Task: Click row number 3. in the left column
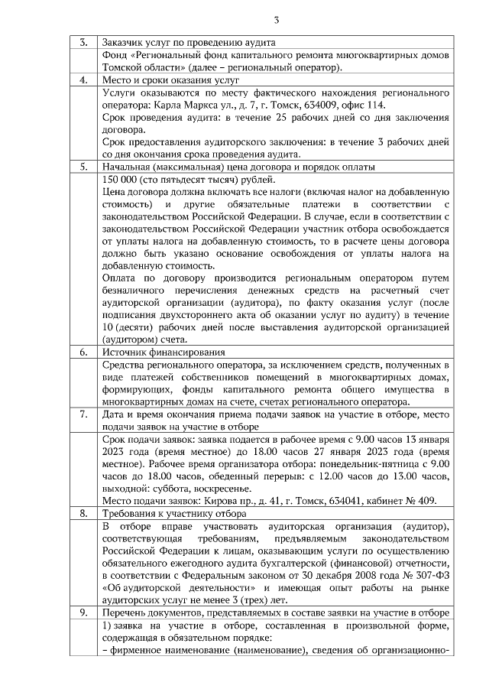point(83,43)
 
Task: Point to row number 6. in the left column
point(83,352)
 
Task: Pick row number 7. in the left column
point(83,414)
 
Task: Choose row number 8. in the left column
point(83,514)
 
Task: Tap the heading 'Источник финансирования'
point(164,352)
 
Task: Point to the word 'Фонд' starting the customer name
point(114,55)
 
